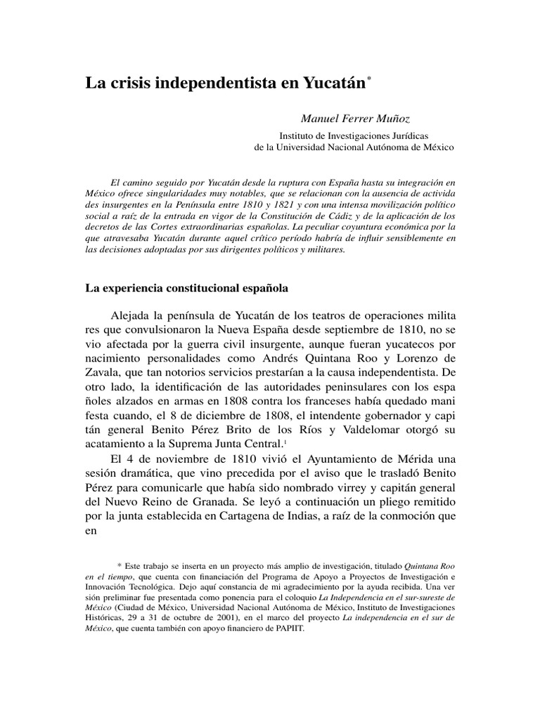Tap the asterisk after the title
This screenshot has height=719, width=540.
368,79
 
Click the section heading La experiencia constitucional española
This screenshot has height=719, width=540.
186,288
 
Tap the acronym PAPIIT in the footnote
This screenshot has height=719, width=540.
288,628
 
